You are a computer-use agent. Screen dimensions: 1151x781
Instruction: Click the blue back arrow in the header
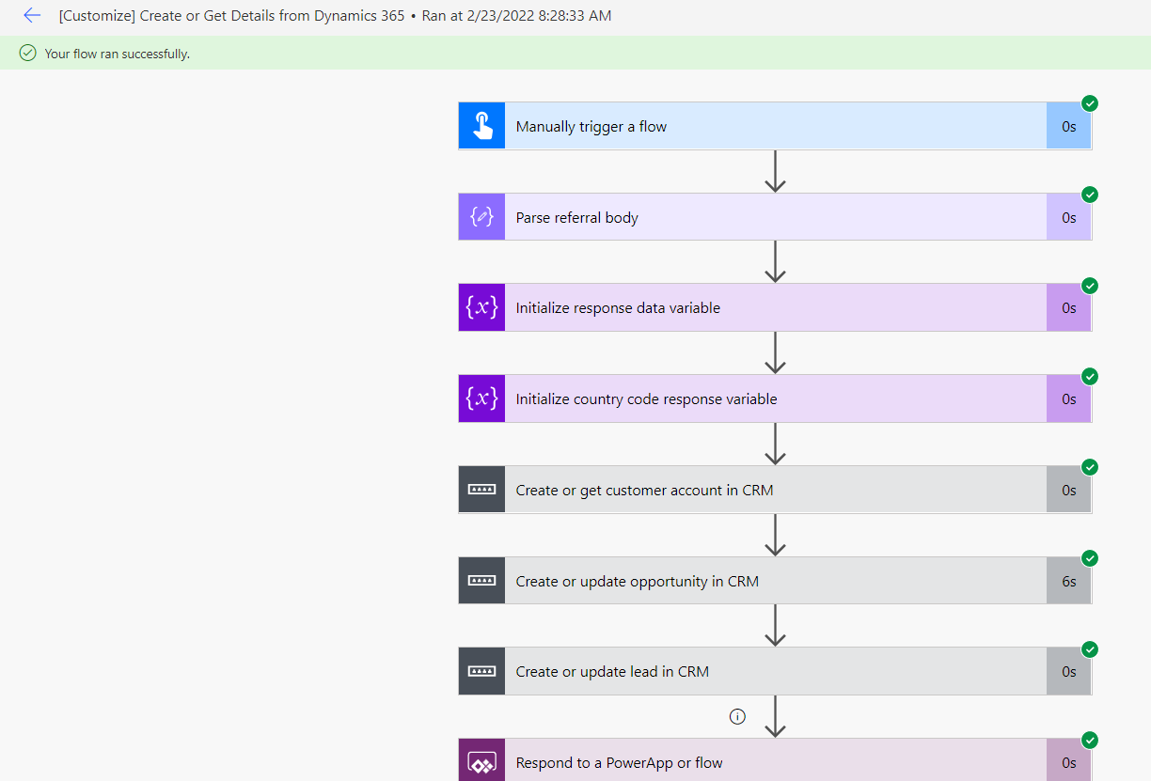(x=32, y=15)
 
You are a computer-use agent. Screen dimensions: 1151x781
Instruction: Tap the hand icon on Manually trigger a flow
(x=482, y=126)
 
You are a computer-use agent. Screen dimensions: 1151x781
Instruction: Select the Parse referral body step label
(x=576, y=218)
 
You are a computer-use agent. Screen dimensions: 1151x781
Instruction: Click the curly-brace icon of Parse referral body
(x=482, y=217)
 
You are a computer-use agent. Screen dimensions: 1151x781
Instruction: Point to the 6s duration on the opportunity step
(x=1069, y=581)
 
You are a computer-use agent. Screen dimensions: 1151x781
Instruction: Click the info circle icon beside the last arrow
(x=737, y=716)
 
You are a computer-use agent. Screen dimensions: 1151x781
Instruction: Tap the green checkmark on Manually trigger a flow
(x=1090, y=103)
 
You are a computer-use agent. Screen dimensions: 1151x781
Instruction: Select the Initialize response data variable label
(x=618, y=308)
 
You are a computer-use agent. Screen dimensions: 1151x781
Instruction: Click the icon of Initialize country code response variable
(x=482, y=398)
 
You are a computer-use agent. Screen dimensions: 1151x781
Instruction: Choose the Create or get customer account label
(x=644, y=491)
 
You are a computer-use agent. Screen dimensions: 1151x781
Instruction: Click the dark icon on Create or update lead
(x=482, y=672)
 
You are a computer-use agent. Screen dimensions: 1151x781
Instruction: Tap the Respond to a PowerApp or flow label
(x=619, y=763)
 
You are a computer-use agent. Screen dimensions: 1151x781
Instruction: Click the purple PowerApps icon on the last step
(x=482, y=762)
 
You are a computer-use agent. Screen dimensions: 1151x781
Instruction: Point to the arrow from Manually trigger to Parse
(x=775, y=171)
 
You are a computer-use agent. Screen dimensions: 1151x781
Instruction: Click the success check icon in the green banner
(x=28, y=53)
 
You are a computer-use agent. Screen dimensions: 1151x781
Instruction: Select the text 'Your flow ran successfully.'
(x=118, y=54)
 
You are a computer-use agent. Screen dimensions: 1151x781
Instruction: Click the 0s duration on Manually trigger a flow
(x=1069, y=126)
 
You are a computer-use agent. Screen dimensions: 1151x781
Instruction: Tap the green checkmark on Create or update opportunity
(x=1090, y=558)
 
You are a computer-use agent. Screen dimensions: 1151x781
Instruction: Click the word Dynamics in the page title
(x=345, y=16)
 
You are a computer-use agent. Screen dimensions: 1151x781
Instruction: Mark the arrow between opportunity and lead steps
(x=775, y=625)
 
